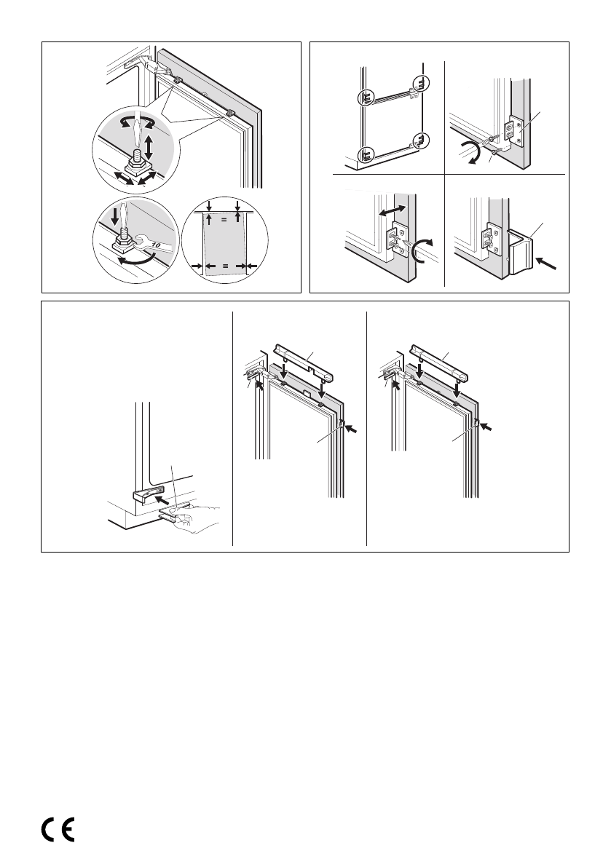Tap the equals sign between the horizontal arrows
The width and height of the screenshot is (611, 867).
(x=226, y=267)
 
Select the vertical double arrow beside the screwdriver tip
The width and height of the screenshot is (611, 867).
(x=149, y=147)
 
